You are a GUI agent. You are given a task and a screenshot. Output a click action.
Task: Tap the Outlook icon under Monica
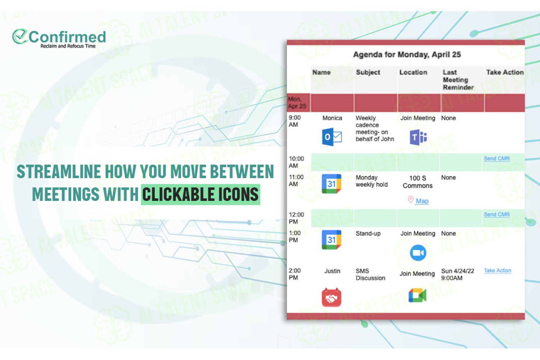click(332, 137)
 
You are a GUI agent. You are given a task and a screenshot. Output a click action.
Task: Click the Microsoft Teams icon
click(418, 137)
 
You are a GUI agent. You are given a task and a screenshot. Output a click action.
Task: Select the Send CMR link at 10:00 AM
click(496, 159)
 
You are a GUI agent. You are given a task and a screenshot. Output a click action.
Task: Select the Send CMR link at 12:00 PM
click(496, 215)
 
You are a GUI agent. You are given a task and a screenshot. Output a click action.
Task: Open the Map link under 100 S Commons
click(422, 201)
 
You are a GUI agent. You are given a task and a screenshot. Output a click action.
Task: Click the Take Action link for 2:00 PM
click(497, 271)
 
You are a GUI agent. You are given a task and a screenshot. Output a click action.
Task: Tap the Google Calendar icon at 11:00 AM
click(332, 184)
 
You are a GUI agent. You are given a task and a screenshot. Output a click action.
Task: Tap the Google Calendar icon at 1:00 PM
click(332, 240)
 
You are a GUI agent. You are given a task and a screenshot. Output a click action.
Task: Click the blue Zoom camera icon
click(418, 253)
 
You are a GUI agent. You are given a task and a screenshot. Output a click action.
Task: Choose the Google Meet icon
click(418, 295)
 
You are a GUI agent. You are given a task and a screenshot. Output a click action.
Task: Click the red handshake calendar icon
click(332, 298)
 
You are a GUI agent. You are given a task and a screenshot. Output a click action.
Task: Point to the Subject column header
click(368, 72)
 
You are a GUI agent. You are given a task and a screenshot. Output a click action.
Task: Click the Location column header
click(413, 72)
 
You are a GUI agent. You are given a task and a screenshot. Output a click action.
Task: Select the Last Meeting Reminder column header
click(458, 80)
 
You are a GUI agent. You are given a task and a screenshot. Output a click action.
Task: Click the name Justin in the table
click(332, 271)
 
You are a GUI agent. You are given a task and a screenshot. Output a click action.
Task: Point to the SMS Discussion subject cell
click(370, 274)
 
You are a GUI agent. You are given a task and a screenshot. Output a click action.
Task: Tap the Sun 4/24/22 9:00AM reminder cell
click(458, 274)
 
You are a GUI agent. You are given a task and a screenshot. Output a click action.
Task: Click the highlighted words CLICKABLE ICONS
click(200, 195)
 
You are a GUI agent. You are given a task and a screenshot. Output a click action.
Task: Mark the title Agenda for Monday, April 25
click(407, 55)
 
